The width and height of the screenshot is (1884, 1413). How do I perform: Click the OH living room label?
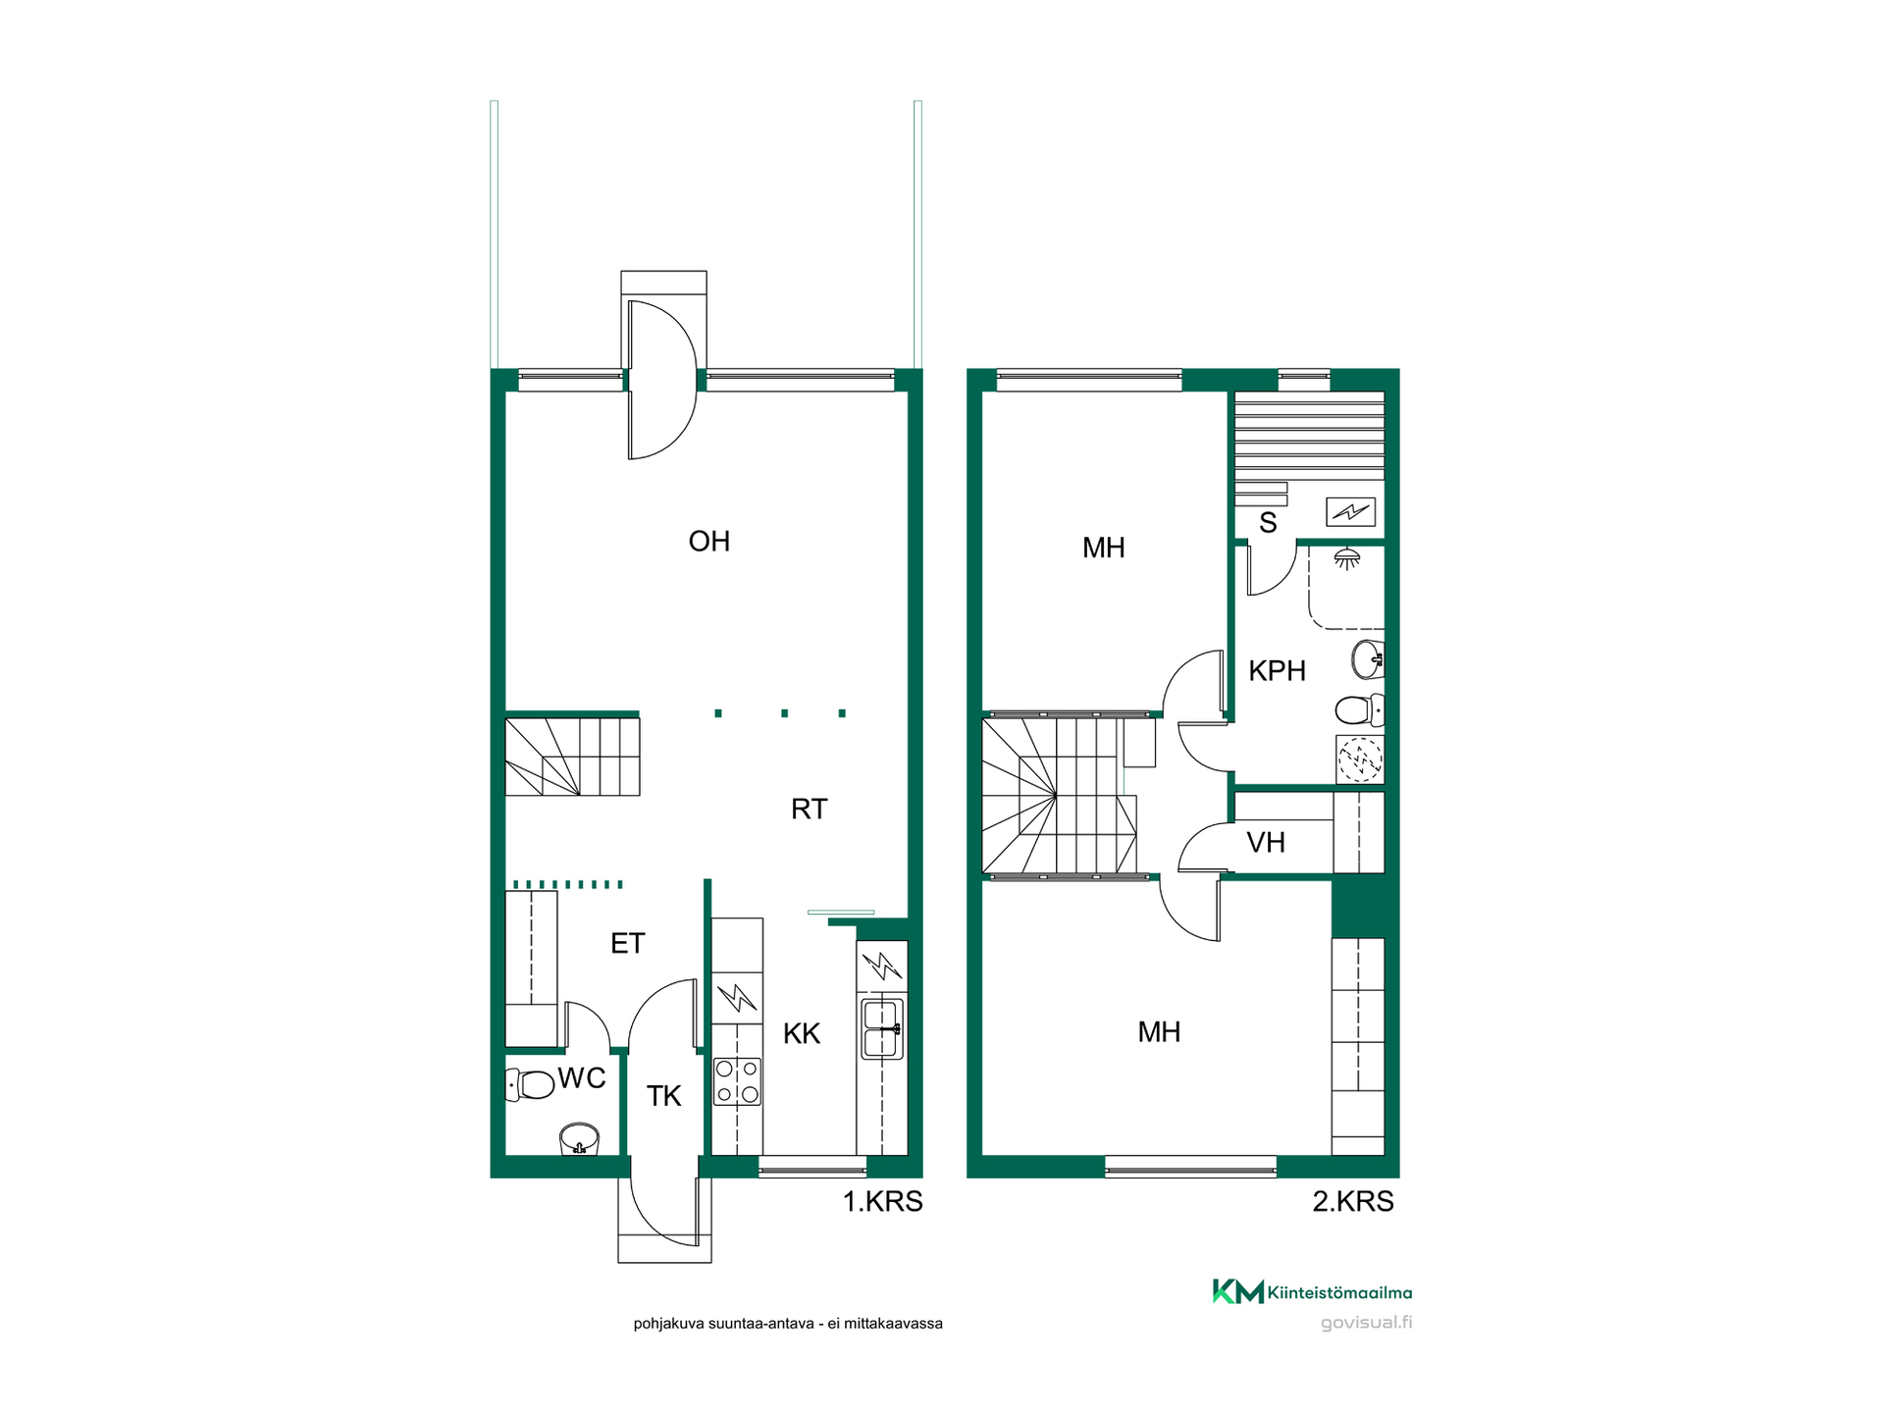tap(708, 542)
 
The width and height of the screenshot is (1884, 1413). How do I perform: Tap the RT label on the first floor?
tap(809, 809)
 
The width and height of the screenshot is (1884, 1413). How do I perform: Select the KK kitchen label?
tap(802, 1033)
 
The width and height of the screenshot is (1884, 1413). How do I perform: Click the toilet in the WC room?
tap(530, 1085)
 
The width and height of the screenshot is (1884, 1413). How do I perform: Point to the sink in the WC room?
tap(579, 1140)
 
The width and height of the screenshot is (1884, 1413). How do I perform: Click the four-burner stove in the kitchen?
tap(737, 1080)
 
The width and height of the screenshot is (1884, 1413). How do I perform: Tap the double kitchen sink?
tap(882, 1028)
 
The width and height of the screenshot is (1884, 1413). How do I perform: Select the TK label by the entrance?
tap(663, 1096)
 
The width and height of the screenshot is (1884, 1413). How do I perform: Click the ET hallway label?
tap(627, 944)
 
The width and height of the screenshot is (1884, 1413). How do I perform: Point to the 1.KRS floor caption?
tap(882, 1202)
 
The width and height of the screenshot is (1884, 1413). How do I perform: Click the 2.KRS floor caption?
tap(1353, 1202)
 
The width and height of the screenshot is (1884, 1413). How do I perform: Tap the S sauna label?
tap(1268, 523)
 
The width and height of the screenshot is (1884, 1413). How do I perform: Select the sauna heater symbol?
tap(1350, 511)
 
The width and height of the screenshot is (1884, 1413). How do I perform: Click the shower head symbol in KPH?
tap(1347, 558)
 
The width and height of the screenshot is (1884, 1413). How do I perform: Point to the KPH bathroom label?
tap(1277, 671)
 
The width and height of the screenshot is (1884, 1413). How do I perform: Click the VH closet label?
tap(1266, 843)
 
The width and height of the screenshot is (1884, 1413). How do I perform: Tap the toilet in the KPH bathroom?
tap(1359, 708)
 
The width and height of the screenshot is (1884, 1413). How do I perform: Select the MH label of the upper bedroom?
tap(1103, 549)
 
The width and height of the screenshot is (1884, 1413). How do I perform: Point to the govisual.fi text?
tap(1366, 1323)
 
